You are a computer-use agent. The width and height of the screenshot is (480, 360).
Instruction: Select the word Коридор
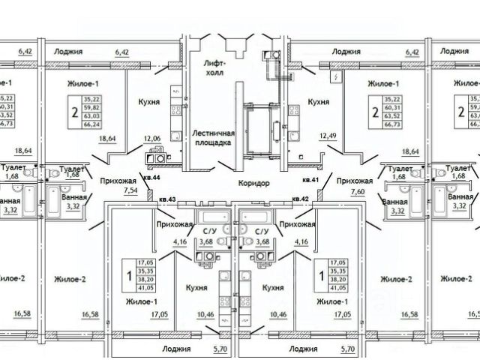[247, 182]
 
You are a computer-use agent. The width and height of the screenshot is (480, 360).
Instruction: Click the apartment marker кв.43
[167, 199]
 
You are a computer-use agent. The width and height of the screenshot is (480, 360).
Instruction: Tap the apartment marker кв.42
[301, 199]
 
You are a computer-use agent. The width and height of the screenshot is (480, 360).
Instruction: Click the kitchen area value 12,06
[154, 139]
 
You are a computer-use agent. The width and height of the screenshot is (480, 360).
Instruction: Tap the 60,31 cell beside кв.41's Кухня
[391, 106]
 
